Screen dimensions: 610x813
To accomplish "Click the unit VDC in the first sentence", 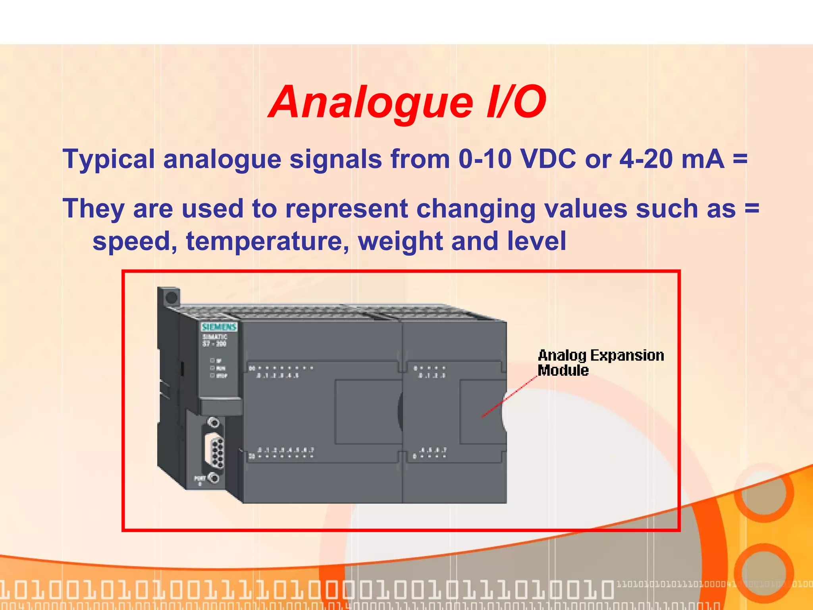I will coord(548,159).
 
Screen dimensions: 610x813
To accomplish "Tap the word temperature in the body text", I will coord(268,241).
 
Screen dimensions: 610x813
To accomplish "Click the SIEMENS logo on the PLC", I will coord(219,327).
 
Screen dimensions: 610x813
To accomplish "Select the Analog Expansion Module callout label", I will coord(600,362).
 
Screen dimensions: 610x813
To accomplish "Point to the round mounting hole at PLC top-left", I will coord(171,297).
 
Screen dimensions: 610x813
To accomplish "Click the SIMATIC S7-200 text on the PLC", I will coord(215,340).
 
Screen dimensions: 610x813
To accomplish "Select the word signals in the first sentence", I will coord(336,159).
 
